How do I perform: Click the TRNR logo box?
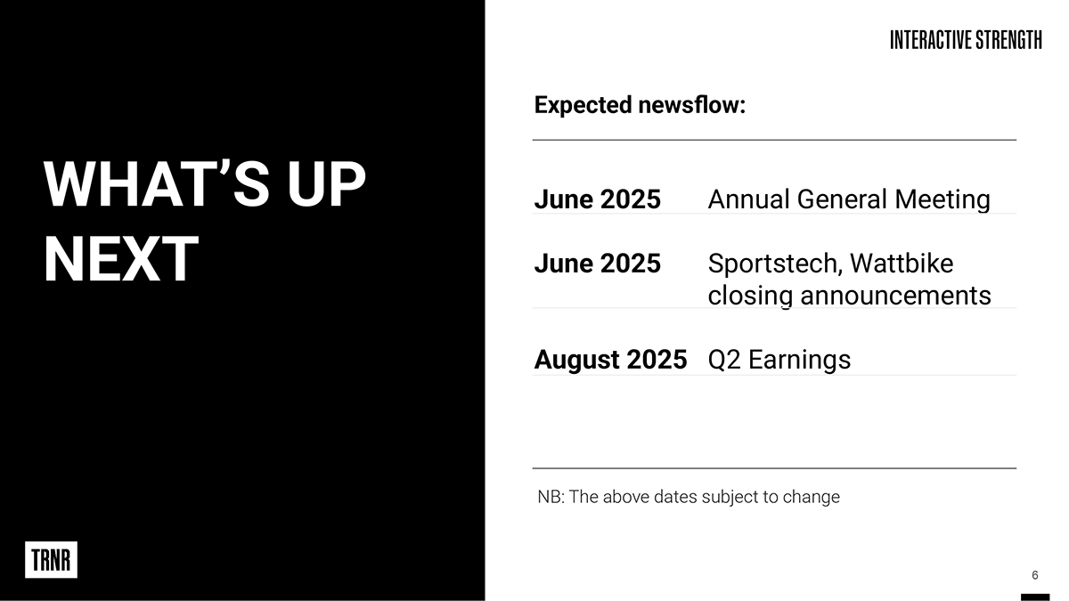point(51,559)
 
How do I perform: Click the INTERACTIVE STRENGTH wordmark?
point(966,40)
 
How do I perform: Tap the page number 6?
point(1034,575)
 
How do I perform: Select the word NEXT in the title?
point(121,259)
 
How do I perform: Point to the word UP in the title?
point(326,184)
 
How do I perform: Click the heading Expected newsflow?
point(640,105)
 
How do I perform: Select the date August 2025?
point(610,359)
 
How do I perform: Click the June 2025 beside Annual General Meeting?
point(598,199)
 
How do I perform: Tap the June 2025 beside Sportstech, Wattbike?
point(598,264)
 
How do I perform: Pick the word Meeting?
point(943,200)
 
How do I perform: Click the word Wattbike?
point(902,264)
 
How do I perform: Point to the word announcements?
point(896,296)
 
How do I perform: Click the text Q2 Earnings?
point(779,360)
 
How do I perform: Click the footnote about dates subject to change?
point(689,497)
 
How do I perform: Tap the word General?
point(843,199)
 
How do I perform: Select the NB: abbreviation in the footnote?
point(551,497)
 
